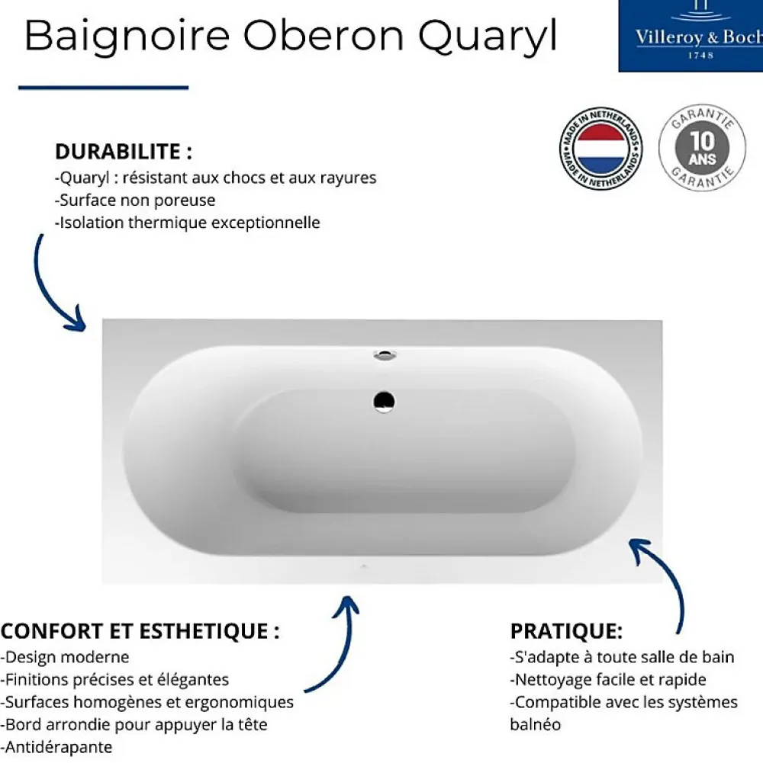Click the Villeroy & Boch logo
pyautogui.click(x=691, y=36)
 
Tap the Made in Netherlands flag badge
pyautogui.click(x=600, y=149)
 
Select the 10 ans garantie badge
pyautogui.click(x=702, y=147)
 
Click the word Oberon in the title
pyautogui.click(x=324, y=36)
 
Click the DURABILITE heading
pyautogui.click(x=124, y=152)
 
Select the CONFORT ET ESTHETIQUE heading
pyautogui.click(x=140, y=631)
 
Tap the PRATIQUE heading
pyautogui.click(x=566, y=631)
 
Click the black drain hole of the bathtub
pyautogui.click(x=384, y=402)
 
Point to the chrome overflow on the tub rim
pyautogui.click(x=385, y=355)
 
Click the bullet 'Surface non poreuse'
pyautogui.click(x=135, y=200)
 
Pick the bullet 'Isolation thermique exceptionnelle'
pyautogui.click(x=188, y=223)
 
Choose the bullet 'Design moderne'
pyautogui.click(x=66, y=657)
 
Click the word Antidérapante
pyautogui.click(x=57, y=747)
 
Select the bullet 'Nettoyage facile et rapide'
pyautogui.click(x=608, y=679)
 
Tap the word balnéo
pyautogui.click(x=536, y=725)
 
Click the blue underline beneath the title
pyautogui.click(x=103, y=88)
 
